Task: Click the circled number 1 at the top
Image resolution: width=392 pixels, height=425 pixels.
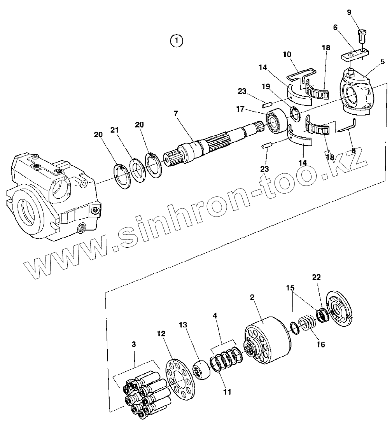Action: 177,40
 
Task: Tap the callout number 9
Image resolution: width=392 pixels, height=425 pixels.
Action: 349,12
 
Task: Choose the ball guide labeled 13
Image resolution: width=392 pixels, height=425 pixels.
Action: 202,371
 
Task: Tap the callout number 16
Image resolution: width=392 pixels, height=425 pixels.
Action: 320,344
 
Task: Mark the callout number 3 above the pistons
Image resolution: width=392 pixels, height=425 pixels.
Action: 134,344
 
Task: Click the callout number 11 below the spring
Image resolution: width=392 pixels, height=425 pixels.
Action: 227,392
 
